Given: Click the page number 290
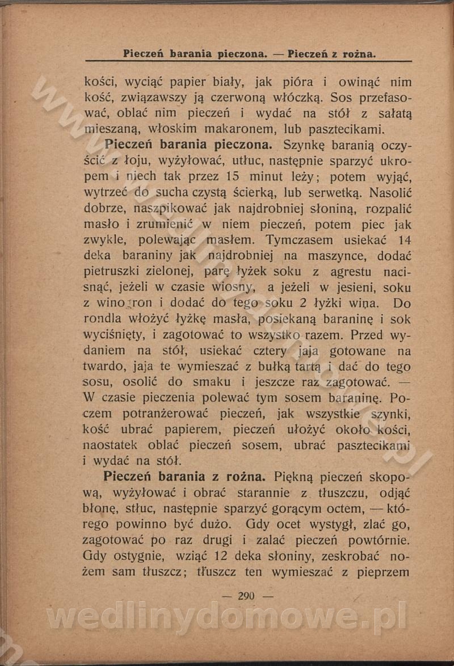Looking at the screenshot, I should pyautogui.click(x=247, y=596).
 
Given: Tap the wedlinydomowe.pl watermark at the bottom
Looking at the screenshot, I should pyautogui.click(x=226, y=618).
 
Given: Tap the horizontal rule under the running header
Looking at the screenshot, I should pyautogui.click(x=249, y=61).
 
